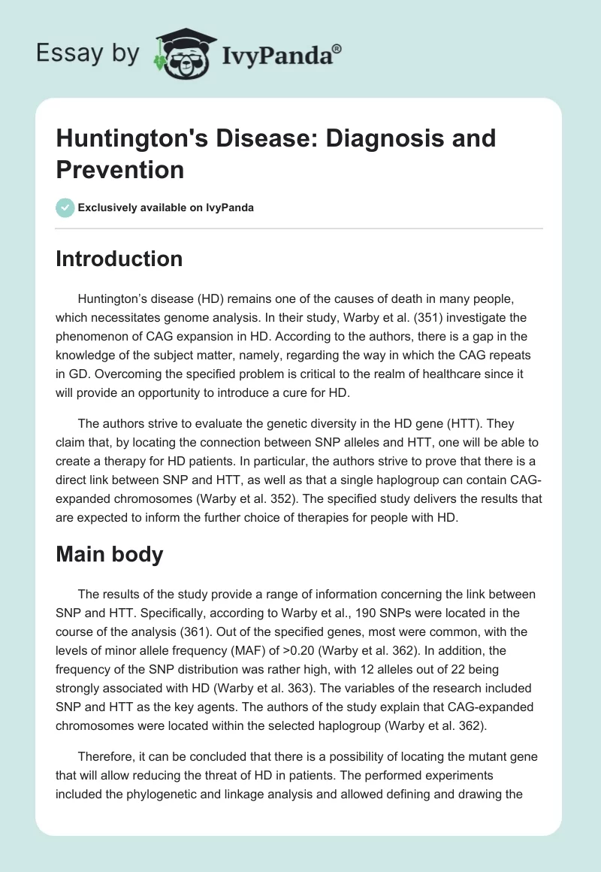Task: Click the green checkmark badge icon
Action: (x=65, y=207)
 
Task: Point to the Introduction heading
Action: (x=119, y=259)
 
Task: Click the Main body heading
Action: (x=110, y=554)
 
